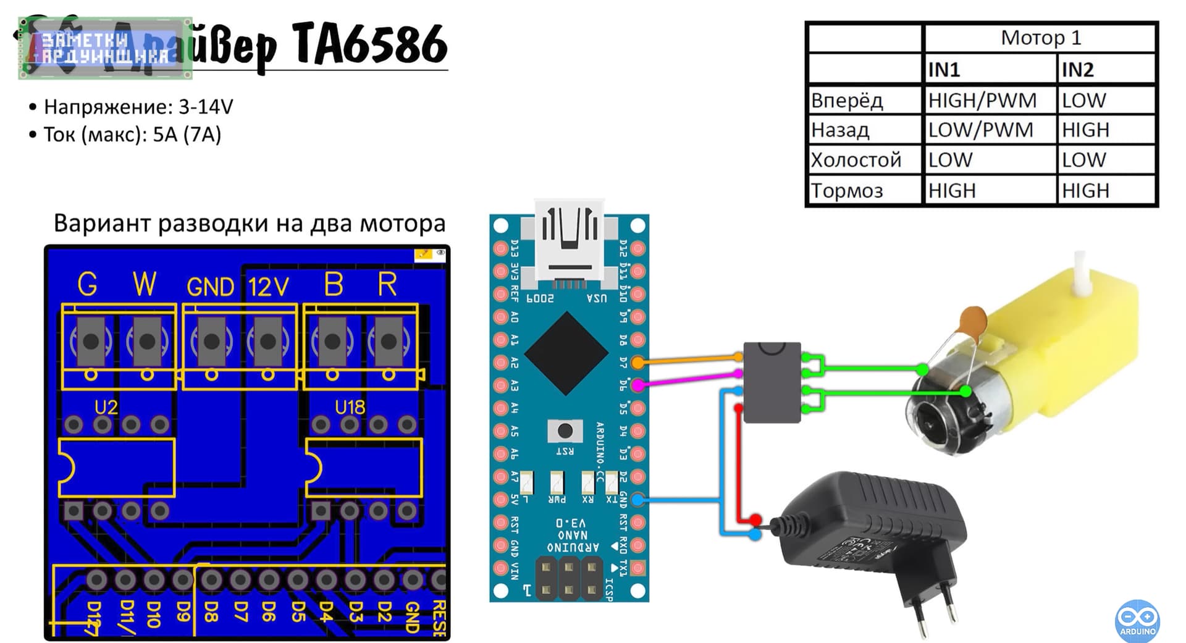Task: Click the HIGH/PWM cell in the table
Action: (982, 100)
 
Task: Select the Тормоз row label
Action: (847, 190)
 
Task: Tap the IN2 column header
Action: (1077, 70)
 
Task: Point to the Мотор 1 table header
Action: (1040, 38)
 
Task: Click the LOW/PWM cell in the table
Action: (980, 130)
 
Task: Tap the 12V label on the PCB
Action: (268, 287)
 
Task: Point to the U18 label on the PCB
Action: (350, 407)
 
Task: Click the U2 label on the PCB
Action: (106, 407)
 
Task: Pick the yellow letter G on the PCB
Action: (87, 285)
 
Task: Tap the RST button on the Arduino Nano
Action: (565, 431)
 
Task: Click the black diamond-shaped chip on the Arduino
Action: (566, 353)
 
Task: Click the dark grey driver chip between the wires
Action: (772, 382)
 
